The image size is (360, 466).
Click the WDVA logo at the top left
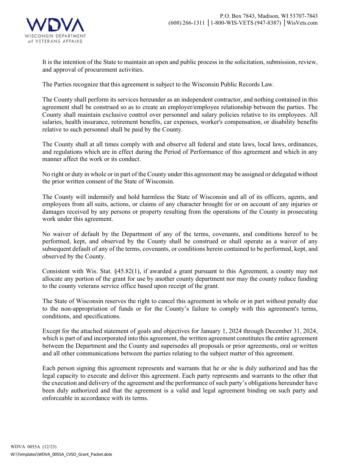point(55,30)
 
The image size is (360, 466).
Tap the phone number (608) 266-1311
point(186,23)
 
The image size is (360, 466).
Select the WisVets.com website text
point(302,23)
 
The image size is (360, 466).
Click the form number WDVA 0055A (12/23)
point(34,447)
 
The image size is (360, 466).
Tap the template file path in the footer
point(61,454)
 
